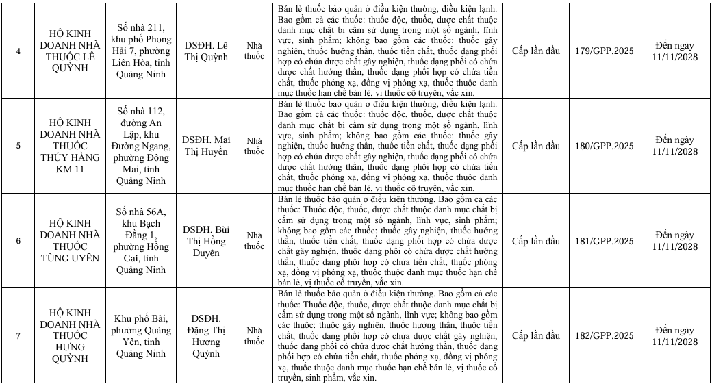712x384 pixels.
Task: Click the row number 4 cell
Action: click(x=19, y=51)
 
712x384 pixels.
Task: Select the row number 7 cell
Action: click(x=19, y=335)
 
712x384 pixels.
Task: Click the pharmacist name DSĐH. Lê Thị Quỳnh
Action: click(x=206, y=51)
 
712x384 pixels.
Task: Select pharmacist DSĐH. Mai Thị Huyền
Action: click(x=206, y=146)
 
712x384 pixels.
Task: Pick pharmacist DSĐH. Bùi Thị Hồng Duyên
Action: click(x=206, y=241)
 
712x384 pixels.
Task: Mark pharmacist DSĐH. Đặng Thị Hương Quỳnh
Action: click(x=206, y=335)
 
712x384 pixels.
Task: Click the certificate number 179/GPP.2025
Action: click(x=605, y=51)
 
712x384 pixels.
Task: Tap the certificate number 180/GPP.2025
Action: click(x=605, y=146)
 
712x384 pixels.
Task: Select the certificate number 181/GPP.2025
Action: click(x=605, y=241)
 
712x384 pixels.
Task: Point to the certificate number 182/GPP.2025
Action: click(x=605, y=335)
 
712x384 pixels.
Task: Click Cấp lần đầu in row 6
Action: click(x=536, y=241)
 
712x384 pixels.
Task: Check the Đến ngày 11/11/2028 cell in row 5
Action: click(x=675, y=146)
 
